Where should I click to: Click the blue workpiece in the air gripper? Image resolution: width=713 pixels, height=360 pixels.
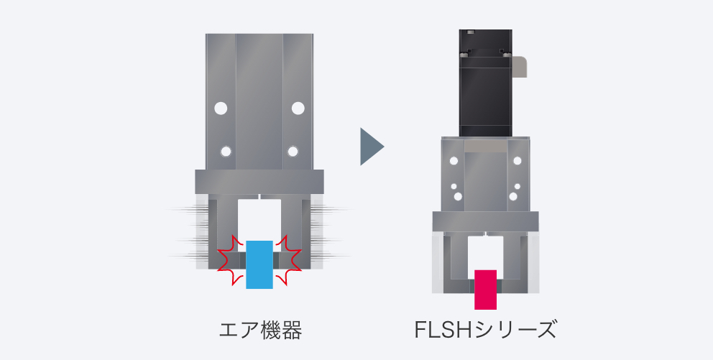pyautogui.click(x=259, y=264)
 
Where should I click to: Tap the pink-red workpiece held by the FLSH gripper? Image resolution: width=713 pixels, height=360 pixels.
pyautogui.click(x=485, y=290)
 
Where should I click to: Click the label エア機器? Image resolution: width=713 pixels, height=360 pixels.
pyautogui.click(x=260, y=331)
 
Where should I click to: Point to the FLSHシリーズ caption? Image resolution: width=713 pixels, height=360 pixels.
pyautogui.click(x=485, y=330)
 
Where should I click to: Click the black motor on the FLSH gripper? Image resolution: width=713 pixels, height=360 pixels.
pyautogui.click(x=486, y=83)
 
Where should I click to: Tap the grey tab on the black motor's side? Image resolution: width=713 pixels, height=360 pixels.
pyautogui.click(x=519, y=66)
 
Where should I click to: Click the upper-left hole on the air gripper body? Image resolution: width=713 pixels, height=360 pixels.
pyautogui.click(x=221, y=109)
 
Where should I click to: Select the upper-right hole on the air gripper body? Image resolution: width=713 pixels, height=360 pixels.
pyautogui.click(x=298, y=109)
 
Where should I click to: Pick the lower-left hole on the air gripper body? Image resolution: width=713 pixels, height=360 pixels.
pyautogui.click(x=226, y=152)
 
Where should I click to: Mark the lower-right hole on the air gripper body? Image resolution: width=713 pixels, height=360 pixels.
pyautogui.click(x=293, y=152)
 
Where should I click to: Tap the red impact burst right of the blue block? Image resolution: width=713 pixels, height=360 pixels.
pyautogui.click(x=287, y=260)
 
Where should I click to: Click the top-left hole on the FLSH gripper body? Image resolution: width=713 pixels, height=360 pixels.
pyautogui.click(x=454, y=160)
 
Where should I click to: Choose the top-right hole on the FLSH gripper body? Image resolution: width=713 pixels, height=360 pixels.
pyautogui.click(x=517, y=160)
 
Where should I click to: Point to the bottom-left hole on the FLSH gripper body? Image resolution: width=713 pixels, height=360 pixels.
pyautogui.click(x=458, y=196)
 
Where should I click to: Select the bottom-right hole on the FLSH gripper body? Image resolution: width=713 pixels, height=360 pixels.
pyautogui.click(x=513, y=196)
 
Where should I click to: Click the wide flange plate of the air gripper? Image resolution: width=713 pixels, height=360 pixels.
pyautogui.click(x=259, y=182)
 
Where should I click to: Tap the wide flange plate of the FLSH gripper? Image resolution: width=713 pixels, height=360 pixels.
pyautogui.click(x=485, y=221)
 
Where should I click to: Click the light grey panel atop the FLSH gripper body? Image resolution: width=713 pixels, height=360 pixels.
pyautogui.click(x=486, y=145)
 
